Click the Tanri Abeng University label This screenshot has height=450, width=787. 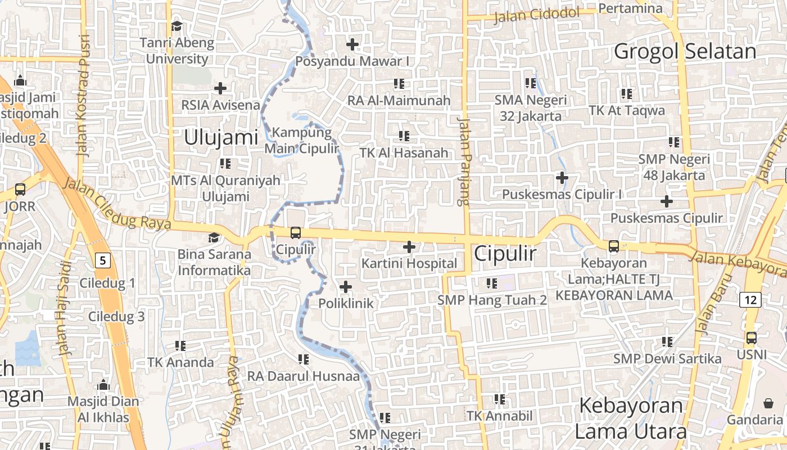177,51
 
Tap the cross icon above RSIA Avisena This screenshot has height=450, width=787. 220,88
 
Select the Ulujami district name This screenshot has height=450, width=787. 221,137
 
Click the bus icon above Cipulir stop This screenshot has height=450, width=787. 295,232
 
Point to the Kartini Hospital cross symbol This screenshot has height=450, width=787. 409,246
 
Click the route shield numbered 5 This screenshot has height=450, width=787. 102,260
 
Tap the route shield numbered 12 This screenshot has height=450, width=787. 751,300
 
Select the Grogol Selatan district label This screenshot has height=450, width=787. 685,51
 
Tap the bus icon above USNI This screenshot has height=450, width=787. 751,338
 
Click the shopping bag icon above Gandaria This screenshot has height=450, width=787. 768,403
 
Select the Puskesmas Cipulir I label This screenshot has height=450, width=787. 562,195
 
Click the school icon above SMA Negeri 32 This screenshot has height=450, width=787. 530,83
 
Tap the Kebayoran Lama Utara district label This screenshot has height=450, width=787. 631,418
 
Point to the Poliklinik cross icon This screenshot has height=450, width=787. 346,287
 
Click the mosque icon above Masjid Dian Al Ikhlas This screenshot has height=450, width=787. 103,385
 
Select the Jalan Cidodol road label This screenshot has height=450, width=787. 536,15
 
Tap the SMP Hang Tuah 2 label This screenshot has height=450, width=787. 492,300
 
